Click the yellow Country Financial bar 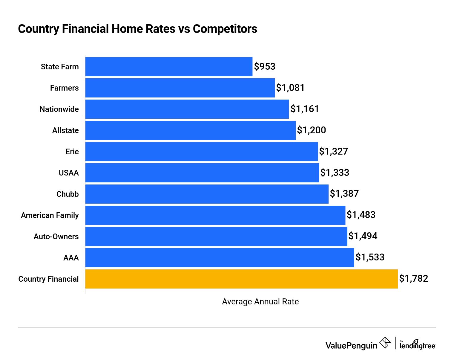coord(241,279)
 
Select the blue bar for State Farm coord(169,67)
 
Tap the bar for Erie coord(202,152)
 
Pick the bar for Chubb coord(207,194)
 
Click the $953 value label coord(265,66)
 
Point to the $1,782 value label coord(414,279)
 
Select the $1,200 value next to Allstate coord(312,130)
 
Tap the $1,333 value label coord(335,173)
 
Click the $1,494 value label coord(363,236)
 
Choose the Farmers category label coord(64,88)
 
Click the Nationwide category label coord(59,109)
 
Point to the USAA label coord(69,173)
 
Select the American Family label coord(50,215)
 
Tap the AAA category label coord(71,258)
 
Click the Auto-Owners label coord(56,237)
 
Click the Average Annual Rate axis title coord(260,302)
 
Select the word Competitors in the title coord(225,29)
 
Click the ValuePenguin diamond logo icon coord(385,343)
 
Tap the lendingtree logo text coord(418,346)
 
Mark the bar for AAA coord(220,258)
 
